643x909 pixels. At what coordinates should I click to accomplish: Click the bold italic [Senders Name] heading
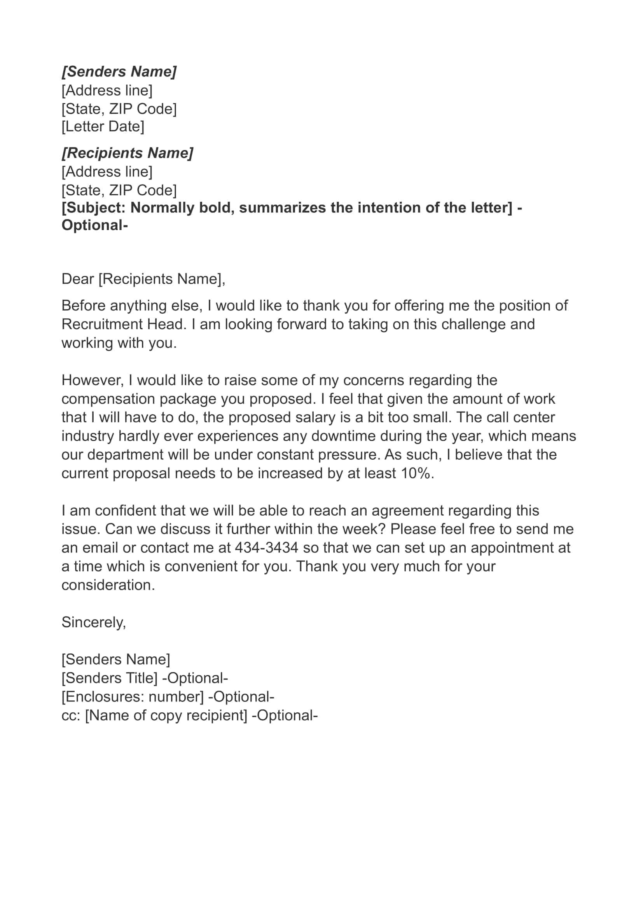[x=119, y=72]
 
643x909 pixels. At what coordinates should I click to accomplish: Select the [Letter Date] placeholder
[x=103, y=127]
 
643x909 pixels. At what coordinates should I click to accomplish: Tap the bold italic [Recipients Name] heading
[x=127, y=153]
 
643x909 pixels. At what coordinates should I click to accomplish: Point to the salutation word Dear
[x=77, y=279]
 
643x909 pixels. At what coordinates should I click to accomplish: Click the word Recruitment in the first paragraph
[x=102, y=324]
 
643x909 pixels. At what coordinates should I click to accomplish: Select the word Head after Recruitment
[x=166, y=324]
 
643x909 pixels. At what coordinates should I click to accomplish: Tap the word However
[x=92, y=380]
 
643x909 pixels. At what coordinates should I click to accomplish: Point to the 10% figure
[x=415, y=473]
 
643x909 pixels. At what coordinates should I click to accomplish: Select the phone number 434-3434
[x=266, y=548]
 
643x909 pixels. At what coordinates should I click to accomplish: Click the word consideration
[x=108, y=585]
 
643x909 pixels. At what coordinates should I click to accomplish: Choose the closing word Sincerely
[x=93, y=622]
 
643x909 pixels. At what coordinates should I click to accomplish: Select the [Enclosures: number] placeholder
[x=133, y=697]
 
